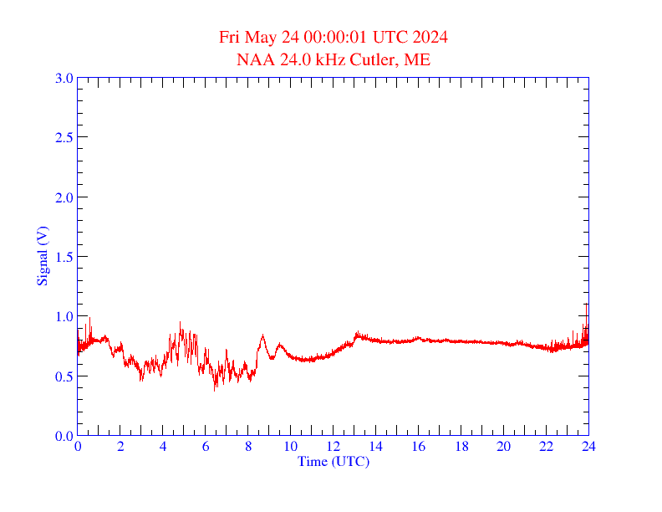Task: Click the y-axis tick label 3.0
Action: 64,78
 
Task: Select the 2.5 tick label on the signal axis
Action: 64,137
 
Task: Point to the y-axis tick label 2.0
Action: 64,197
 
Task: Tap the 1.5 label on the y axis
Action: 64,257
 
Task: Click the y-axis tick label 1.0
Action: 64,316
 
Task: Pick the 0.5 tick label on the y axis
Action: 64,376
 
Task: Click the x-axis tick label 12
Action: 334,447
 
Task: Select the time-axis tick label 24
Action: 588,447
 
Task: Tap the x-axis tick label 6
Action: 206,447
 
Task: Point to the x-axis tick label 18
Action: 461,447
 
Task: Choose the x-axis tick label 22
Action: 547,447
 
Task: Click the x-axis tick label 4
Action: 163,447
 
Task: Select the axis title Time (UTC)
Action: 334,461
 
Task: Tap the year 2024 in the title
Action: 430,38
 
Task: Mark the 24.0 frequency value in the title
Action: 288,60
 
